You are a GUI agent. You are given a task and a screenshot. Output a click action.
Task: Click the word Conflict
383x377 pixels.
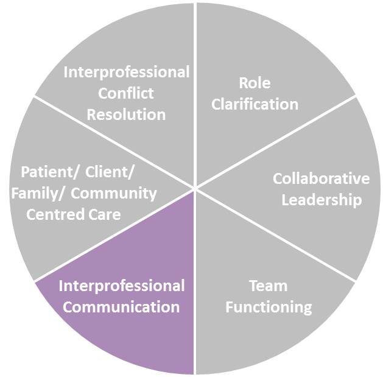click(x=126, y=93)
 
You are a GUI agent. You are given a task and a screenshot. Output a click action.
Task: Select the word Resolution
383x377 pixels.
click(x=126, y=114)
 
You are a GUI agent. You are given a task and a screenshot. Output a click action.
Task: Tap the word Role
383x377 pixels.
click(x=255, y=83)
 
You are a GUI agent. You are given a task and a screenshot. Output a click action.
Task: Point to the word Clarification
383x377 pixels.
click(x=255, y=104)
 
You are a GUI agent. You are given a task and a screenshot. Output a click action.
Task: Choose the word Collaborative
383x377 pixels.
click(x=321, y=178)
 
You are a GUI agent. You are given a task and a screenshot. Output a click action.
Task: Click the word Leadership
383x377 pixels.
click(x=321, y=199)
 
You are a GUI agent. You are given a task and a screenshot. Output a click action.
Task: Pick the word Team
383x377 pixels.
click(x=268, y=285)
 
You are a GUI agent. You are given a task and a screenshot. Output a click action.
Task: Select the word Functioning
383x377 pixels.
click(x=268, y=306)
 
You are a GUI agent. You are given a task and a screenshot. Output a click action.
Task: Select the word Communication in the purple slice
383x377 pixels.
click(x=121, y=306)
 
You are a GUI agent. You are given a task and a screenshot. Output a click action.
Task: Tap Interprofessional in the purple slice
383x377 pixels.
click(x=121, y=285)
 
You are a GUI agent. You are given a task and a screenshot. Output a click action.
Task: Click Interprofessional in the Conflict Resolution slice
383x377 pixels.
click(x=126, y=72)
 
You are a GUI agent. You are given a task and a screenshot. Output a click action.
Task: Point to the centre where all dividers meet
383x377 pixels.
click(x=195, y=188)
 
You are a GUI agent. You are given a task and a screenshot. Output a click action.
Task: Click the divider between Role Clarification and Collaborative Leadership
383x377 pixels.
click(x=274, y=142)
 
